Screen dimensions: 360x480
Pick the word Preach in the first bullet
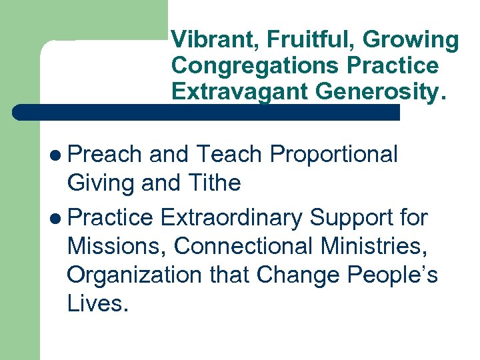[105, 155]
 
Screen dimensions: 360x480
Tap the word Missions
[117, 247]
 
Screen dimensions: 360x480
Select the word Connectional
[243, 246]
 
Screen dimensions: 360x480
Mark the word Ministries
[371, 246]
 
